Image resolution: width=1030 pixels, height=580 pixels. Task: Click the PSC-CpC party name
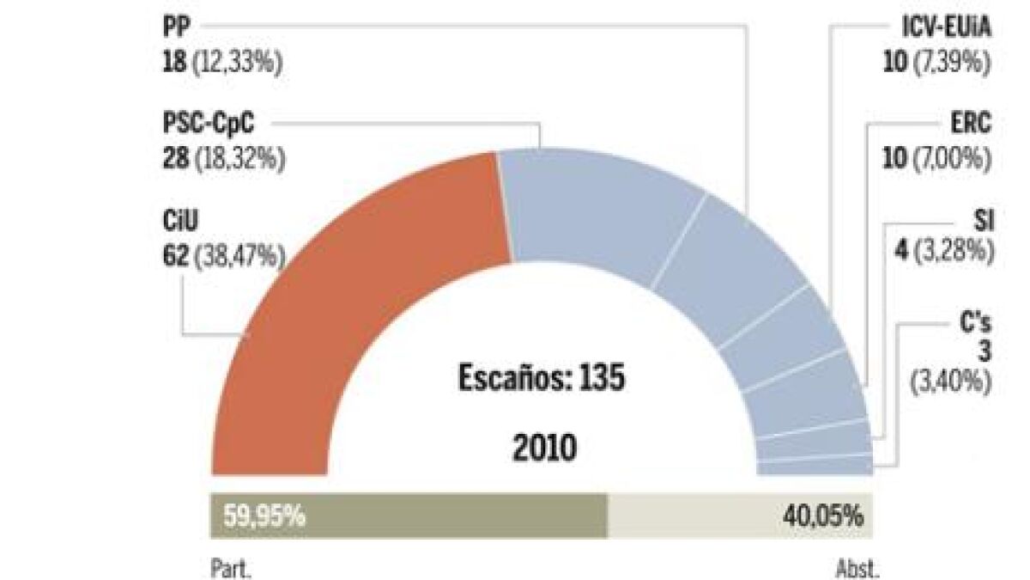click(208, 124)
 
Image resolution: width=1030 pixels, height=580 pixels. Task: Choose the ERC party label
click(972, 124)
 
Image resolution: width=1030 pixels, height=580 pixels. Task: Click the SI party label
click(984, 221)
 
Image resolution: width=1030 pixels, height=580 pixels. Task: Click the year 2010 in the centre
click(543, 448)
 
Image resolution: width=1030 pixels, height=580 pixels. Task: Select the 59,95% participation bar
click(409, 516)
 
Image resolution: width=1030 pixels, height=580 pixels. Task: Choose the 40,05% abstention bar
click(741, 516)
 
